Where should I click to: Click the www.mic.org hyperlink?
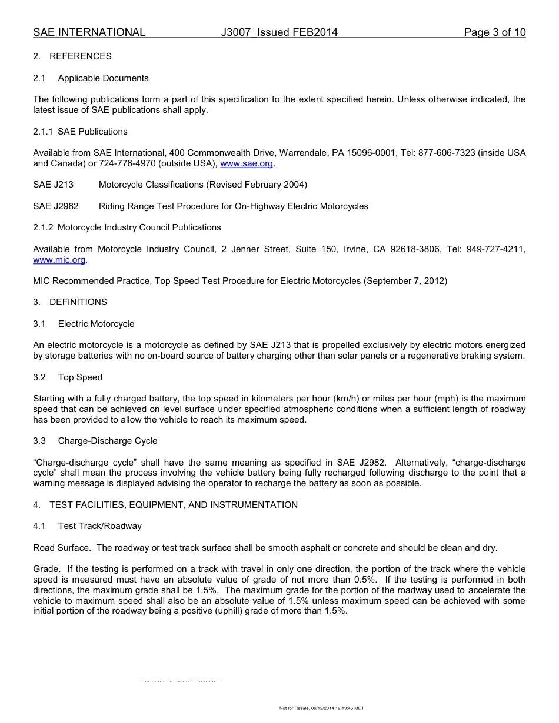[59, 260]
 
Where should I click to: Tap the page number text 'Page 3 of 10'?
[494, 32]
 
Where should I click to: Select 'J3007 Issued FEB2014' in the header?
[279, 32]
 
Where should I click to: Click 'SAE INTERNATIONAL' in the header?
[89, 32]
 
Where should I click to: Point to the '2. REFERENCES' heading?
[72, 56]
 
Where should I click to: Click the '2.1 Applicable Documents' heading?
[91, 78]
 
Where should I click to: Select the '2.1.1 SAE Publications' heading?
[80, 132]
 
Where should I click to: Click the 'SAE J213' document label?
[54, 185]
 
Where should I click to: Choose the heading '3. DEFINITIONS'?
[70, 302]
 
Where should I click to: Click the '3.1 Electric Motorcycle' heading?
[84, 324]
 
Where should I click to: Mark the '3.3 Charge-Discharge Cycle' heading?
[95, 441]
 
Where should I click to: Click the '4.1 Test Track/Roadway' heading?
[88, 526]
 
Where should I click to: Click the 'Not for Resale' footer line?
[321, 708]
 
